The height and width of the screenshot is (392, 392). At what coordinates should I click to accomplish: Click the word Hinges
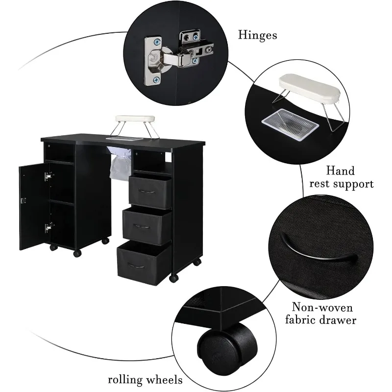257,35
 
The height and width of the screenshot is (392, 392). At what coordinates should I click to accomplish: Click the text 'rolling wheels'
146,379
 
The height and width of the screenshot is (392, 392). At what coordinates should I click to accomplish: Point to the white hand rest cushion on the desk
135,119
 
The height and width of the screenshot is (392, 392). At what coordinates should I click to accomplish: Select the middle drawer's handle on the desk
142,226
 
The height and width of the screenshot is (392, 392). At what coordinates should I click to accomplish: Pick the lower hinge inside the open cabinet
48,227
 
